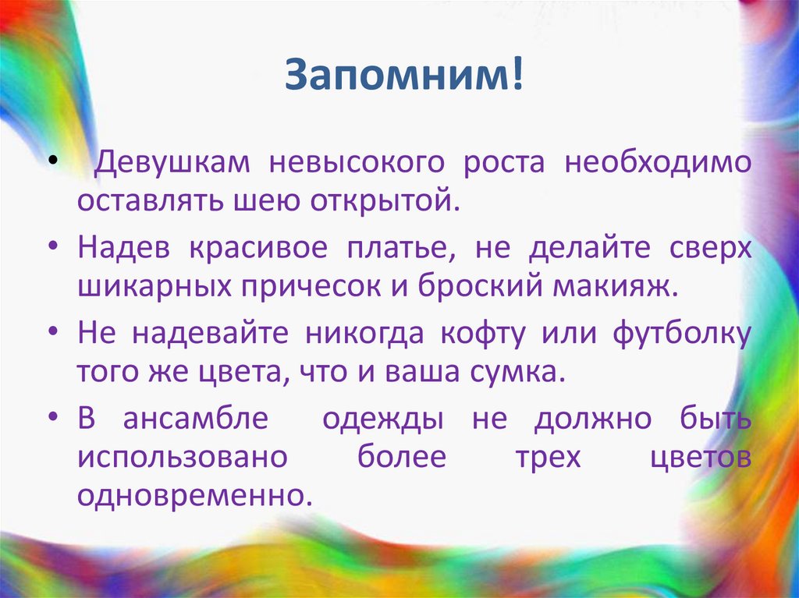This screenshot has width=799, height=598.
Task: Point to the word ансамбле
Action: pos(195,419)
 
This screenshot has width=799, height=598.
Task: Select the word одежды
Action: pos(383,419)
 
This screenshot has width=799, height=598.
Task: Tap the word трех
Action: pos(548,456)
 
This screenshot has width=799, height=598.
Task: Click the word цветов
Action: pos(700,456)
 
